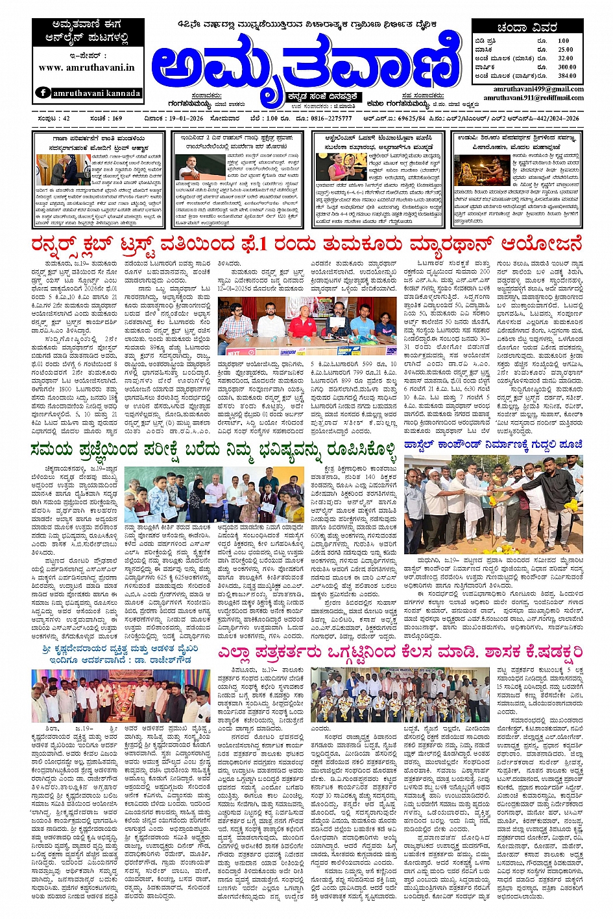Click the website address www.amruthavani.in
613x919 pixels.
86,67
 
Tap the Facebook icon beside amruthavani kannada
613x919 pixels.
43,93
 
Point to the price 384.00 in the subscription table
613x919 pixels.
566,76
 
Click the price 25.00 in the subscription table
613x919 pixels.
565,49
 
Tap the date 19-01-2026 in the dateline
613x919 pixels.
165,119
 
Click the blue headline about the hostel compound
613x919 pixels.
493,445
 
